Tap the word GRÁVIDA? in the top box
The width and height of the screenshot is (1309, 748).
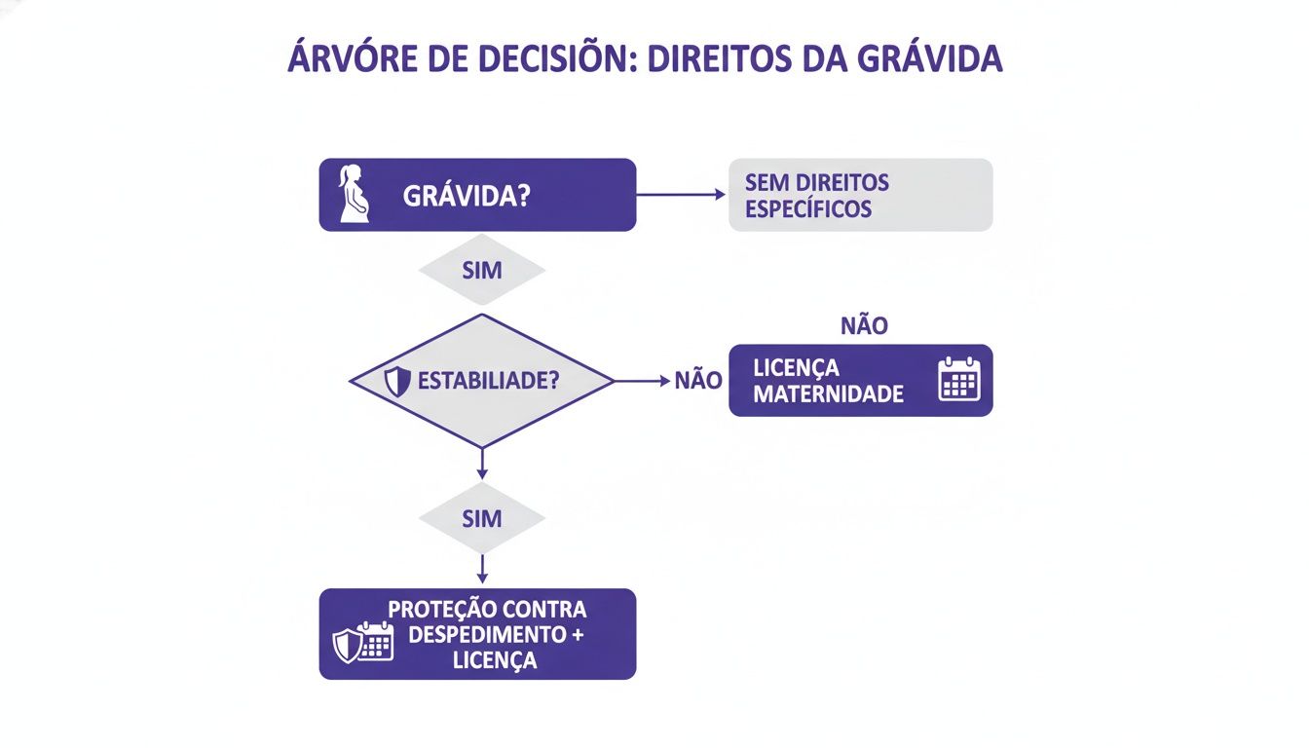coord(467,195)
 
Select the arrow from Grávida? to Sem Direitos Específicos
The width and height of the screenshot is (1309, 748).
coord(681,195)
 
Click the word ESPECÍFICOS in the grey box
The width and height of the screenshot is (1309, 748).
coord(807,208)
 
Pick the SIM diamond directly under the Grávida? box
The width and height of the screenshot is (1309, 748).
coord(482,270)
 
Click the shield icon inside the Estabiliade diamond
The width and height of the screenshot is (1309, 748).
coord(397,382)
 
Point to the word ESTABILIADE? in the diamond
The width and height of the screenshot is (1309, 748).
coord(488,381)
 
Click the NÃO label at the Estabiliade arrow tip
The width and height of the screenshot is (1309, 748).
coord(698,381)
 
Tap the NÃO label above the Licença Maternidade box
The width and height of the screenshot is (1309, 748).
coord(863,325)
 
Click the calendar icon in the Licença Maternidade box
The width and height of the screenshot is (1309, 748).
coord(958,379)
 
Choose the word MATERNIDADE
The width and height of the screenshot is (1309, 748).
coord(828,394)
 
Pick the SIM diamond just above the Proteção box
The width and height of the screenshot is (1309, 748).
coord(482,518)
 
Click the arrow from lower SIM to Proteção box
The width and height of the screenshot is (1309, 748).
coord(482,570)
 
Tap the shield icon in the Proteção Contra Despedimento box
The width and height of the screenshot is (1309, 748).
coord(348,645)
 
